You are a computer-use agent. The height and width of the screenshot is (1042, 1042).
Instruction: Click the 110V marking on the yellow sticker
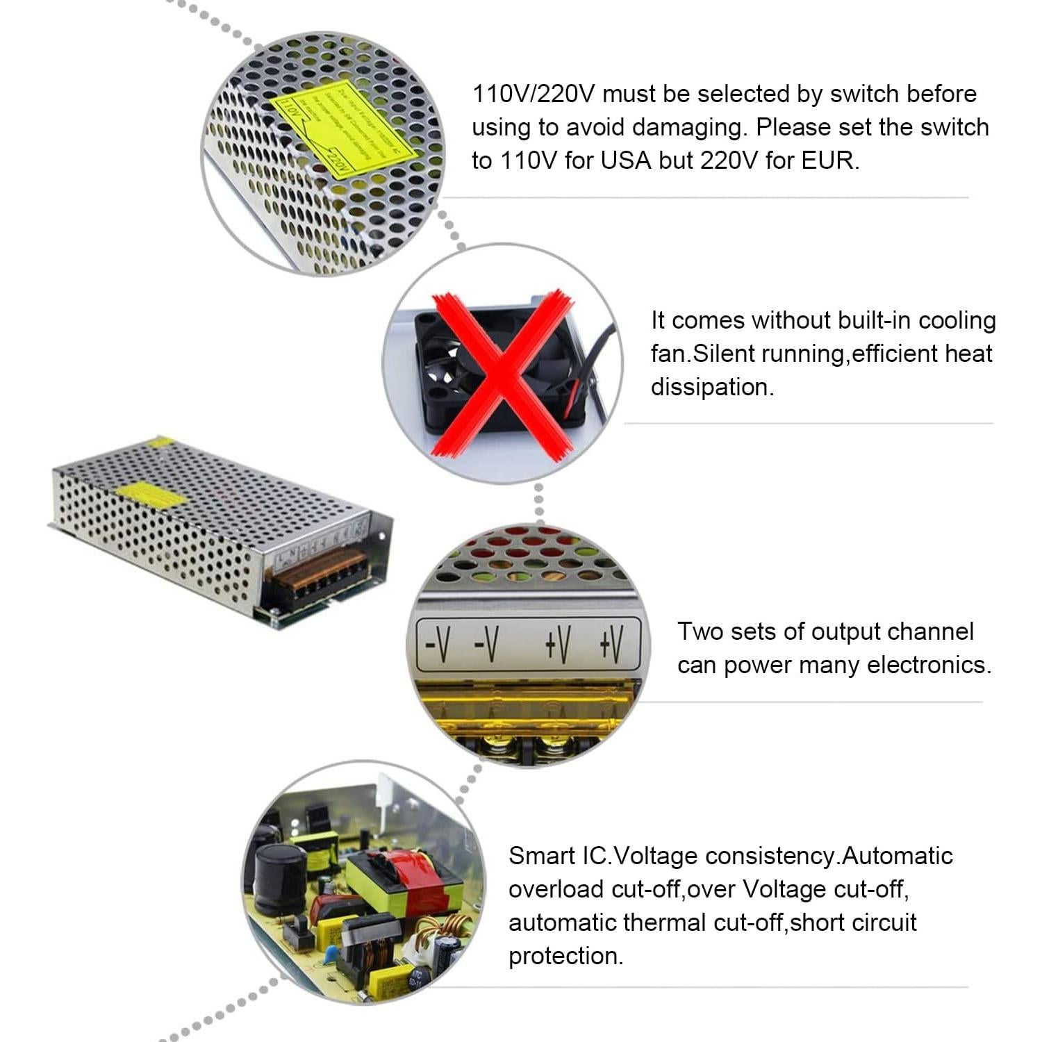tap(288, 110)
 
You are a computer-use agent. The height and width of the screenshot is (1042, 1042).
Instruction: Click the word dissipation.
tap(712, 387)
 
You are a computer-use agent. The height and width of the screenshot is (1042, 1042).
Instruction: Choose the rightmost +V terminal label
tap(611, 643)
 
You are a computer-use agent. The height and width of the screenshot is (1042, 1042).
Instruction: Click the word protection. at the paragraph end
tap(565, 956)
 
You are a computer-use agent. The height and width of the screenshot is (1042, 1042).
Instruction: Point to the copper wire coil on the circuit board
tap(452, 928)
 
